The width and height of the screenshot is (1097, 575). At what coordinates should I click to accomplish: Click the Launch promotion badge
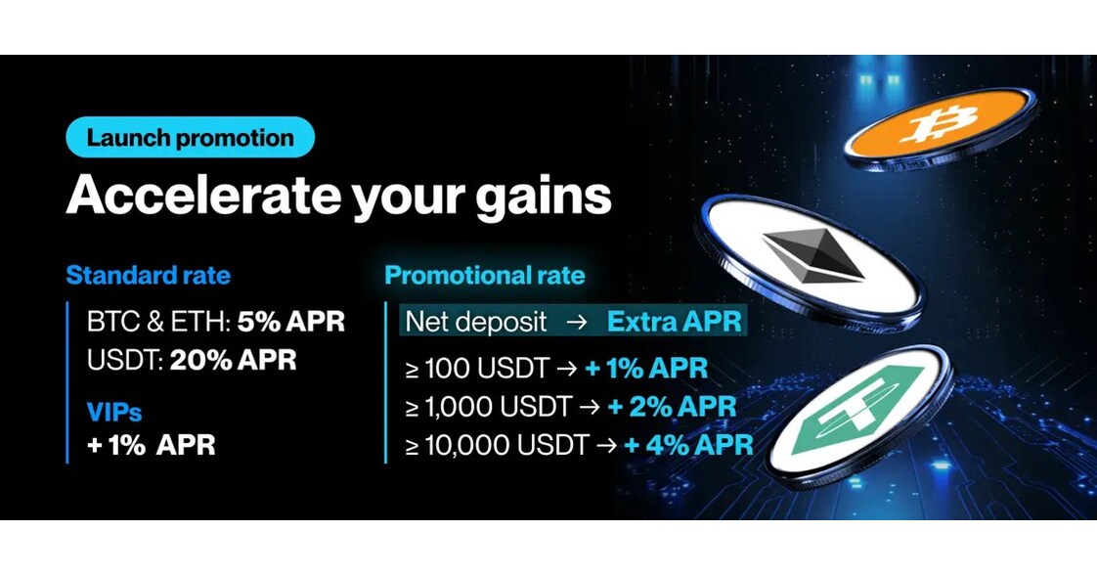pos(190,138)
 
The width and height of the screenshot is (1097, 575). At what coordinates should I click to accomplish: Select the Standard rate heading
pos(148,275)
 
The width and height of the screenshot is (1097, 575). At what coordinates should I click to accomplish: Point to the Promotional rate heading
pos(484,275)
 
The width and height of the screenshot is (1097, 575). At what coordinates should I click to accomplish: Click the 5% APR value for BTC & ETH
pos(290,322)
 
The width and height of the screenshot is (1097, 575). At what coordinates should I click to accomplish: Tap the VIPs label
pos(114,412)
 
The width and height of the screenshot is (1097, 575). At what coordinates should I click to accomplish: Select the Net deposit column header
pos(468,322)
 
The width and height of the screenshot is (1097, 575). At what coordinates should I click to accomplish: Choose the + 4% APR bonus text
pos(689,445)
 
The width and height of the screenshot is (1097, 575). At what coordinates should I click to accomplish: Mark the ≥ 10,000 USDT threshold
pos(497,445)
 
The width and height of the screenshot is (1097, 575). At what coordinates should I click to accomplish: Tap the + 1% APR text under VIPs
pos(151,445)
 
